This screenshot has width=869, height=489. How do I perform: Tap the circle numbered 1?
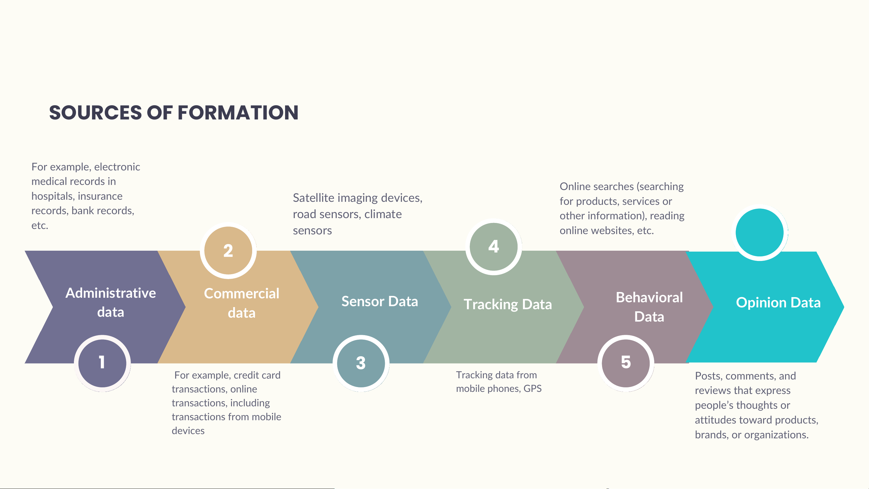click(x=102, y=363)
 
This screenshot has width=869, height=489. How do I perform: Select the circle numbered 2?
click(x=228, y=250)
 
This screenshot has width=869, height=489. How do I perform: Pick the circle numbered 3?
click(x=361, y=363)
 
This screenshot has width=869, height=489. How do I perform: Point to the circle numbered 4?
click(x=493, y=246)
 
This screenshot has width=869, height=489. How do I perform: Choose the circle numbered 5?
click(x=626, y=363)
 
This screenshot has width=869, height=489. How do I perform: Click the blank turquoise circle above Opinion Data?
click(x=760, y=233)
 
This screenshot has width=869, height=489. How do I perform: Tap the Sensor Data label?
click(x=379, y=301)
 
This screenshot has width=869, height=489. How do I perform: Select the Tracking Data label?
click(x=508, y=304)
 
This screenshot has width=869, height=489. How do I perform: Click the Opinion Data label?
click(x=778, y=303)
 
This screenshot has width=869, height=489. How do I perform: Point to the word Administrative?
click(x=111, y=293)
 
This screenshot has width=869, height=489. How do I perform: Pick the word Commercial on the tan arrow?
click(x=242, y=294)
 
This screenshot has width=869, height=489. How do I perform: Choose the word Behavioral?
click(x=649, y=297)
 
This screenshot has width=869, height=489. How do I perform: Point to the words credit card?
click(x=257, y=375)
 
